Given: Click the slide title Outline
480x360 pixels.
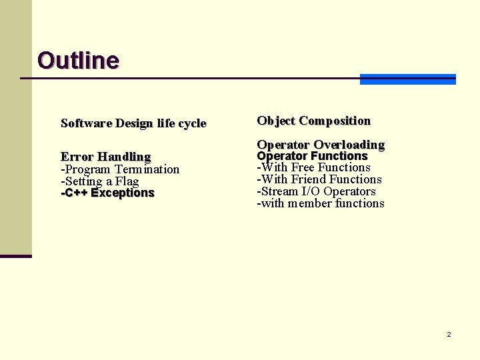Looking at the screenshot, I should (x=78, y=61).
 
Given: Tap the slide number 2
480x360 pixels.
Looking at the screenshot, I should (x=449, y=334).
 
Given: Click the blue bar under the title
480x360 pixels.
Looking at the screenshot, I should (x=407, y=79).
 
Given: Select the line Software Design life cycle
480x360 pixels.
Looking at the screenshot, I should (x=133, y=123).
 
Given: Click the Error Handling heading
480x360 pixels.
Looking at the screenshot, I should (x=105, y=157).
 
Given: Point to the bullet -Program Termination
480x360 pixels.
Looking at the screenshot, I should (x=120, y=169).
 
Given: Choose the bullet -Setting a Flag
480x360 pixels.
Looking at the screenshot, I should (x=99, y=181).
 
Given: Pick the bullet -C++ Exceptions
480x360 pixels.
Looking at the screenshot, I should (x=107, y=193).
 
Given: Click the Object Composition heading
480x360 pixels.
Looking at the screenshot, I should (x=313, y=121).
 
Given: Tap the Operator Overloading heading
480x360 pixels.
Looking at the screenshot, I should (x=321, y=145).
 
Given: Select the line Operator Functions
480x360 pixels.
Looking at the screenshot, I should (x=312, y=156).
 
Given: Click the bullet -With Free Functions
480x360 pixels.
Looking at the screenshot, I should (x=313, y=167).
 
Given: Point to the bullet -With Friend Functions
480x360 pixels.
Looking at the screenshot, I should (x=319, y=179).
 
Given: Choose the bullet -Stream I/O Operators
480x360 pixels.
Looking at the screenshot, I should (x=316, y=191).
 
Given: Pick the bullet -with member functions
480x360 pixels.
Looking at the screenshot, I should (x=321, y=203).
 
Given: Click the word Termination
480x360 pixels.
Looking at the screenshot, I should (x=147, y=169).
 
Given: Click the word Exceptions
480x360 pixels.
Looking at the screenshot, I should (x=123, y=193).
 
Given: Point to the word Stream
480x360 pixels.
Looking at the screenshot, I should (x=280, y=191).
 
